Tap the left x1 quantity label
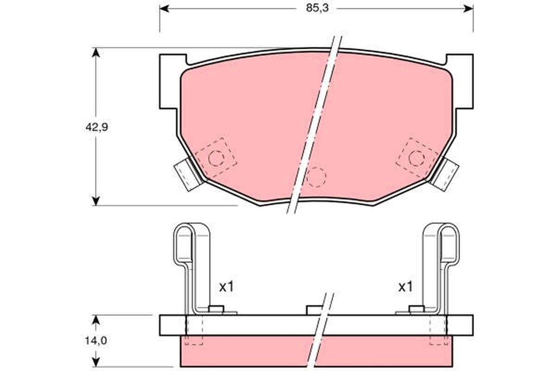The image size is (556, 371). [226, 287]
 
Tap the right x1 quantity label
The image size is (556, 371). [405, 287]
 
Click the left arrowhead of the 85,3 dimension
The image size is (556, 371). [163, 8]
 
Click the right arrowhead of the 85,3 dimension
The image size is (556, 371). [469, 8]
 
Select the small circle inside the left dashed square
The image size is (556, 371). [216, 159]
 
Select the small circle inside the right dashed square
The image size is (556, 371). [416, 159]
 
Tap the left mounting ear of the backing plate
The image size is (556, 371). [169, 82]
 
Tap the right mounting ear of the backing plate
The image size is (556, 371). [464, 82]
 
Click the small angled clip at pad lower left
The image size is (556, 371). [186, 175]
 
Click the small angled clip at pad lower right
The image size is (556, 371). [445, 174]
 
